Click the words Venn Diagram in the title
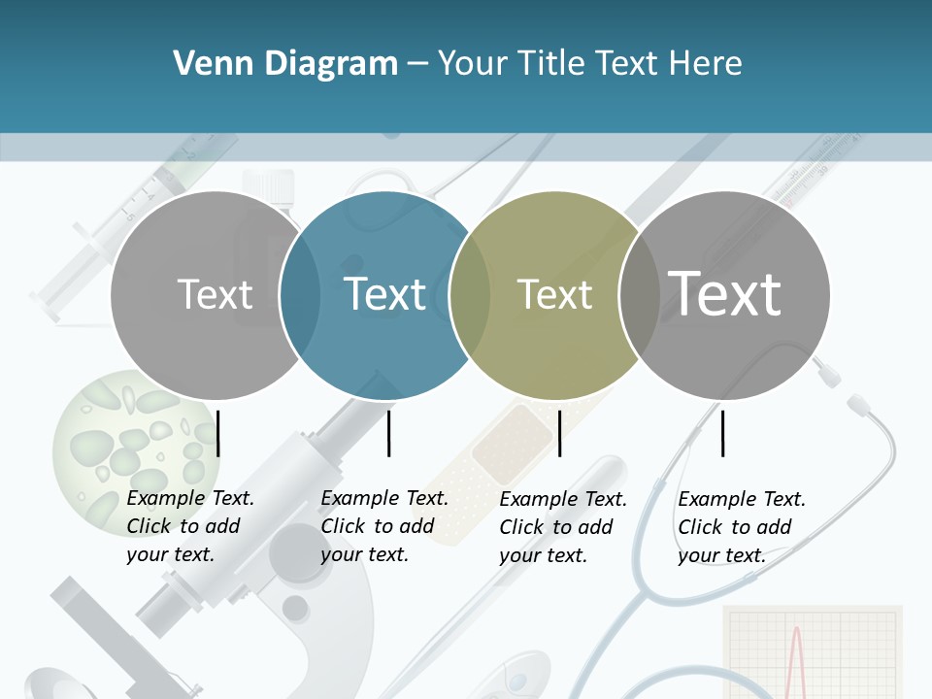285,64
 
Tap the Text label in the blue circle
385,294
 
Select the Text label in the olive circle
554,295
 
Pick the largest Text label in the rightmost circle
724,293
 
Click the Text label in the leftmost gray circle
216,294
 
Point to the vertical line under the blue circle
388,433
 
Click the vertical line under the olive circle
559,433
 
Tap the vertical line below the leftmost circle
218,433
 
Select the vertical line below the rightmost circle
723,433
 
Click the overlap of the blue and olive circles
470,295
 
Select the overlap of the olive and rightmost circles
638,295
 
